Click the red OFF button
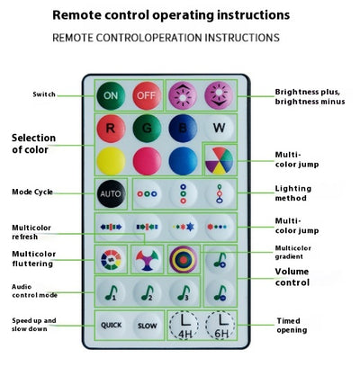[x=147, y=95]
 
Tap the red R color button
[x=111, y=129]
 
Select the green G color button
[x=147, y=129]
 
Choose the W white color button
[x=219, y=129]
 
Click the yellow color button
[x=111, y=161]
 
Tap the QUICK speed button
[x=111, y=326]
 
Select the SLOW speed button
[x=147, y=326]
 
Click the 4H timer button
[x=184, y=326]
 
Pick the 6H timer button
[x=220, y=326]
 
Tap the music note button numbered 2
[x=147, y=293]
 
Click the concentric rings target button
[x=184, y=260]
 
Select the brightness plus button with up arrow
[x=183, y=95]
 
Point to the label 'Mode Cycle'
[x=32, y=192]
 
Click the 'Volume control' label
[x=292, y=277]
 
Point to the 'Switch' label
[x=44, y=94]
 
